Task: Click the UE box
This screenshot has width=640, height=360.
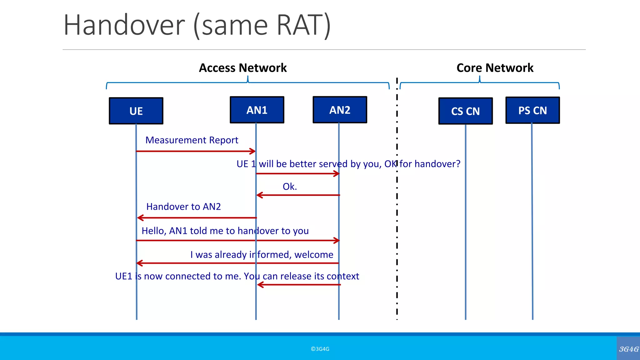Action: click(x=136, y=111)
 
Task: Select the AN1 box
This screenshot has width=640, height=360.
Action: click(x=257, y=110)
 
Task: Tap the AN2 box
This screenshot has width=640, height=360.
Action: click(x=340, y=110)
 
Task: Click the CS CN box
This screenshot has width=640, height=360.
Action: click(x=465, y=111)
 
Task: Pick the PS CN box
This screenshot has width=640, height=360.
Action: click(x=532, y=110)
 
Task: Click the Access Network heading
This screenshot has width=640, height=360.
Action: click(x=243, y=68)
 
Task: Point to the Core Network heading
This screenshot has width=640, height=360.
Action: click(x=495, y=68)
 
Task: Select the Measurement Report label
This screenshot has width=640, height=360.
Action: click(x=192, y=140)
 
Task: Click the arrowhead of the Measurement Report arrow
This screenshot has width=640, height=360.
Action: click(x=253, y=151)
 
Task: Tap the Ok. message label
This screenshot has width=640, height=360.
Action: click(x=290, y=187)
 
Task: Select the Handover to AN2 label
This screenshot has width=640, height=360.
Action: click(x=183, y=207)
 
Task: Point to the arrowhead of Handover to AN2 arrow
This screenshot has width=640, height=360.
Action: click(x=140, y=218)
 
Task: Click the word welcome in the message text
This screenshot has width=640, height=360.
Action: click(x=314, y=255)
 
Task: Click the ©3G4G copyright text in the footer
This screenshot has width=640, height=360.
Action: click(x=320, y=349)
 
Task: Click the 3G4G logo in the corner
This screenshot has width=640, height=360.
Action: click(x=628, y=349)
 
